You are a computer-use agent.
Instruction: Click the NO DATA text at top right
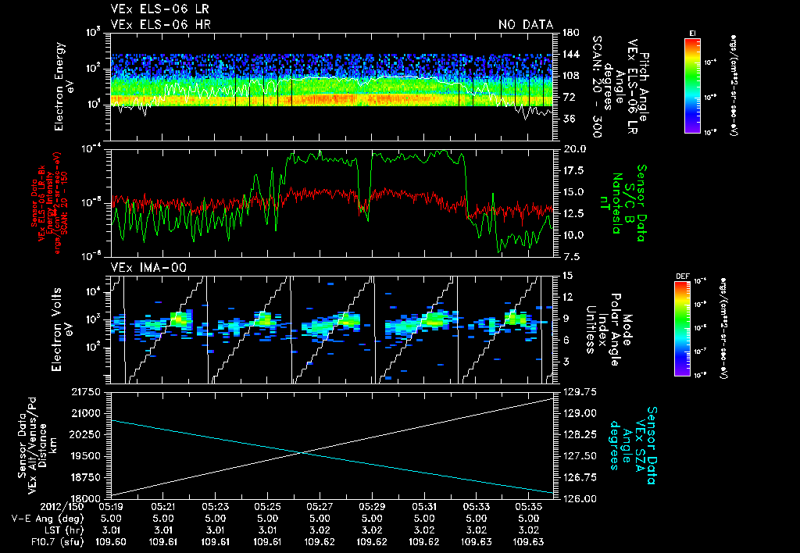(x=526, y=24)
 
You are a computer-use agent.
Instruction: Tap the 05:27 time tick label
(x=320, y=506)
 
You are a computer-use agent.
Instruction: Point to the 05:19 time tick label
(x=109, y=506)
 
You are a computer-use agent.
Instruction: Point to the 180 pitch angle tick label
(x=568, y=32)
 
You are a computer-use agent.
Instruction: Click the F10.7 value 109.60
(x=109, y=541)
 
